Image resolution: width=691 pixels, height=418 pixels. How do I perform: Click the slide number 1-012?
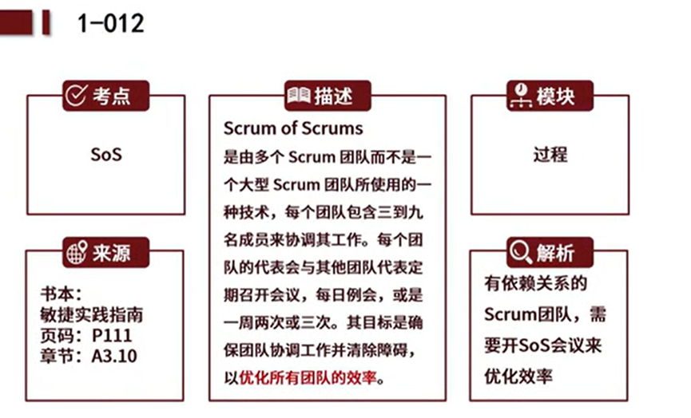coord(110,23)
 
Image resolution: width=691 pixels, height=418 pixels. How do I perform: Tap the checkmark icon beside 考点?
coord(76,95)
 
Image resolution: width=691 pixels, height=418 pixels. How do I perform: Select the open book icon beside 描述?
coord(299,95)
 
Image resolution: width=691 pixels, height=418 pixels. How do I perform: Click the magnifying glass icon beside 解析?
coord(521,252)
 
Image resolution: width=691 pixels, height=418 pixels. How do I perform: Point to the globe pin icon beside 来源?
coord(77,252)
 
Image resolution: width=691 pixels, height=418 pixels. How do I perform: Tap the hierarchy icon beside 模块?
coord(521,96)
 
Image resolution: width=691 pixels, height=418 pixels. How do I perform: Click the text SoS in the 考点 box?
coord(106,155)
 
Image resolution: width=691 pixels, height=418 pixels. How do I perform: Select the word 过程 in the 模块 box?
coord(550,155)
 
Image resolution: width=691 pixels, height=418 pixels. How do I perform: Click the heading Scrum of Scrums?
coord(293,128)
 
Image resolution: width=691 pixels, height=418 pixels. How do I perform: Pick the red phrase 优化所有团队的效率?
coord(308,377)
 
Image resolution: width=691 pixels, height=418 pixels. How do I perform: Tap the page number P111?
coord(112,336)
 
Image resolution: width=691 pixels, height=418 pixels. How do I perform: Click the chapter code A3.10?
coord(114,356)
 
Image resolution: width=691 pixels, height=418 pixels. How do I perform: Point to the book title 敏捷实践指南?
coord(92,315)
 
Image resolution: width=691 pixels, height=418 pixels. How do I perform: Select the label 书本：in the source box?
coord(62,294)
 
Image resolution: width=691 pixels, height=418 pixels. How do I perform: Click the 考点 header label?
coord(112,96)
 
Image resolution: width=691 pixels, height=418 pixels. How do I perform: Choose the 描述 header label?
coord(334,96)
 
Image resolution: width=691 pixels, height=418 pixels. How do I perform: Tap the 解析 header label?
coord(555,253)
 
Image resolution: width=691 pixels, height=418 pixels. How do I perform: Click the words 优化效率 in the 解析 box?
coord(518,377)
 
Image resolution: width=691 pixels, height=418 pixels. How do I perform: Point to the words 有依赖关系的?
coord(535,283)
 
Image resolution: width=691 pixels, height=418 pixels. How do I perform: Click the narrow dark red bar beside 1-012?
coord(46,22)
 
